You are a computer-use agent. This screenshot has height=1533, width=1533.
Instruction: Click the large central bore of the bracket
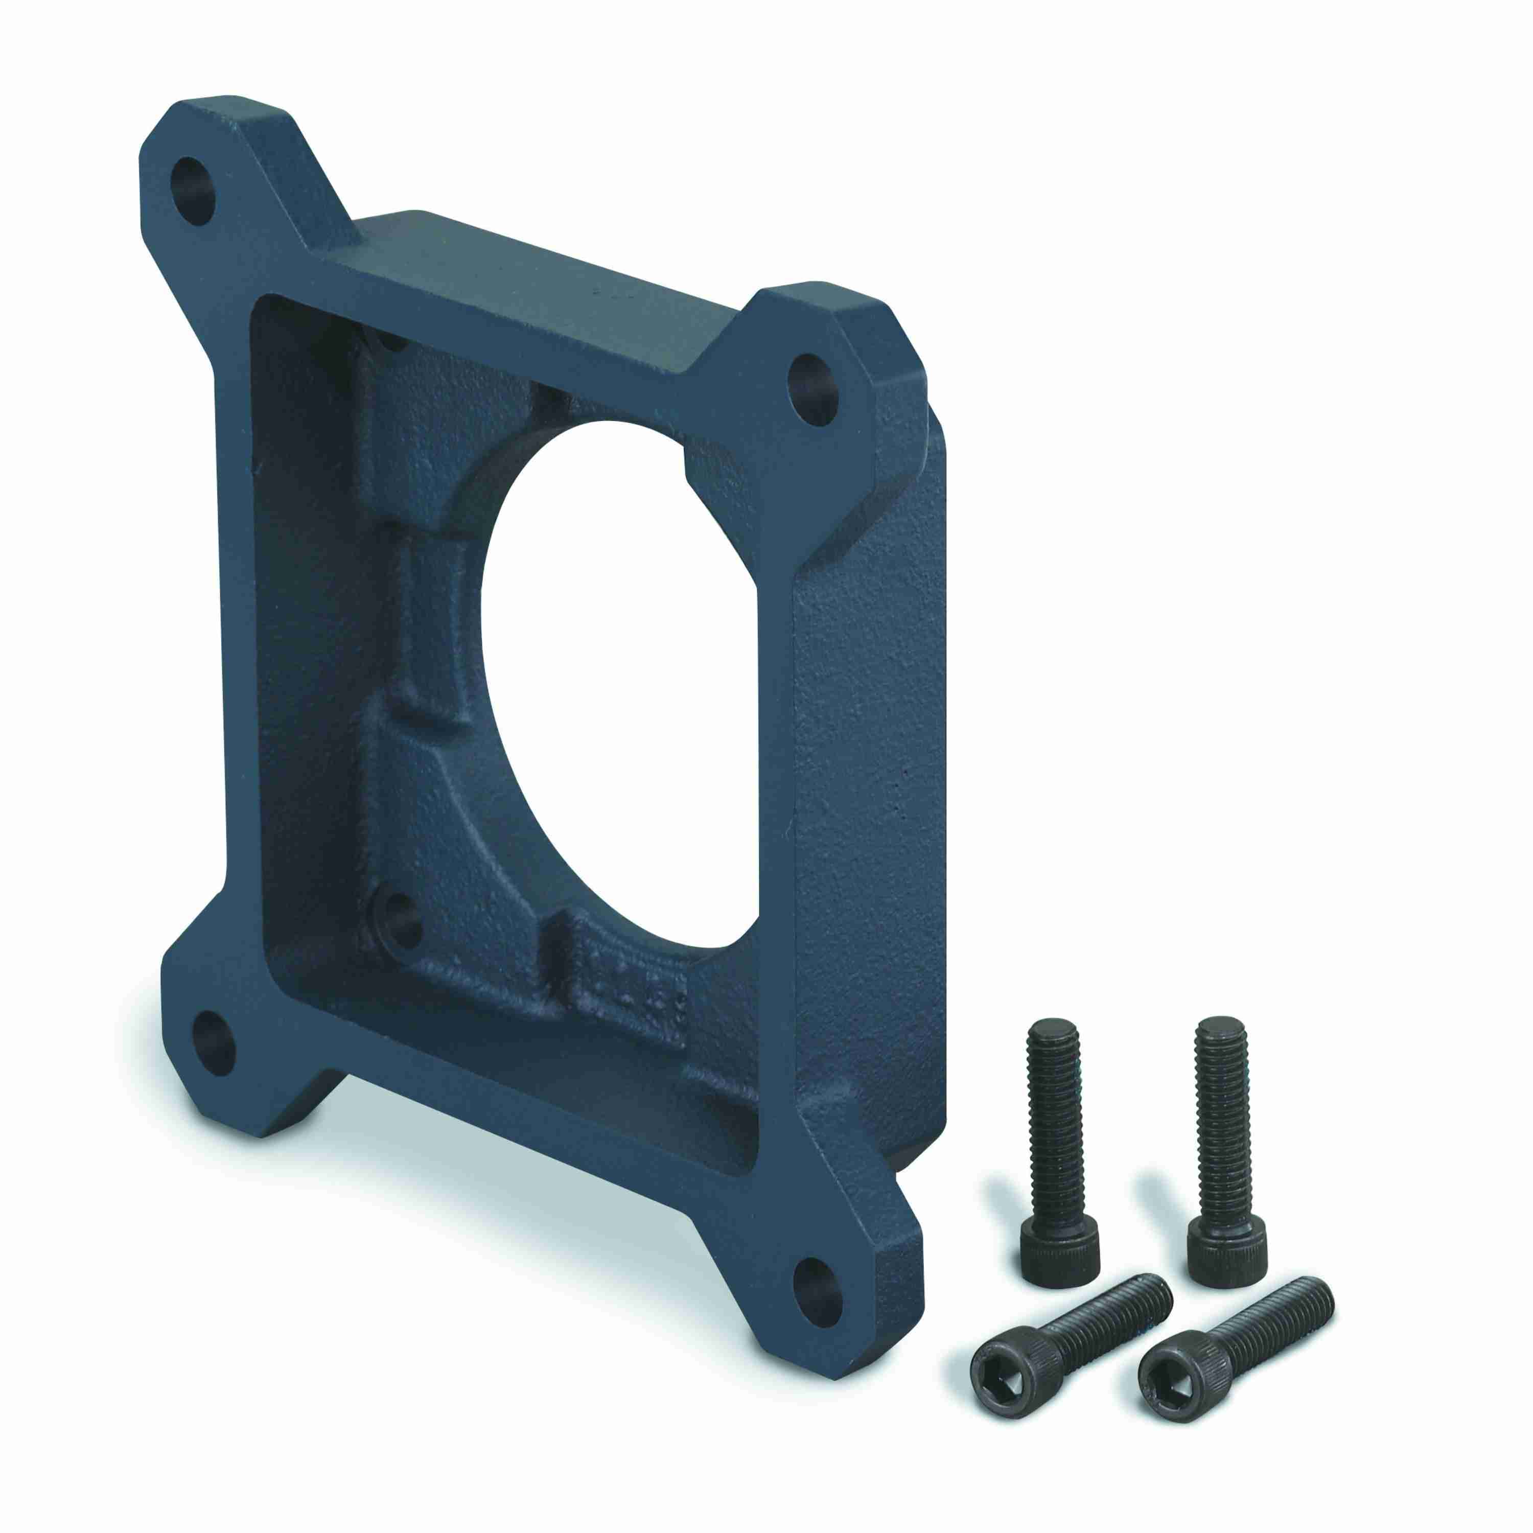[627, 682]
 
